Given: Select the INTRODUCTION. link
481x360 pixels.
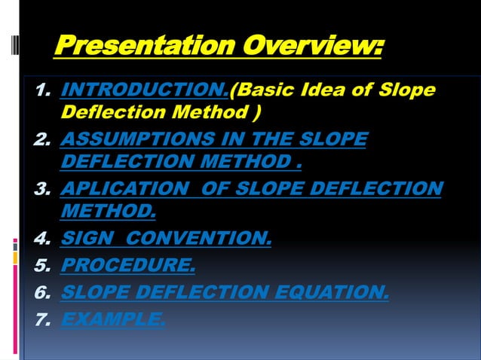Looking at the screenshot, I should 144,92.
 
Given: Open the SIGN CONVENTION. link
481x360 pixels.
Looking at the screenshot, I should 165,239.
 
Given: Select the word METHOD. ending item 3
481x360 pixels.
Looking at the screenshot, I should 108,210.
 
